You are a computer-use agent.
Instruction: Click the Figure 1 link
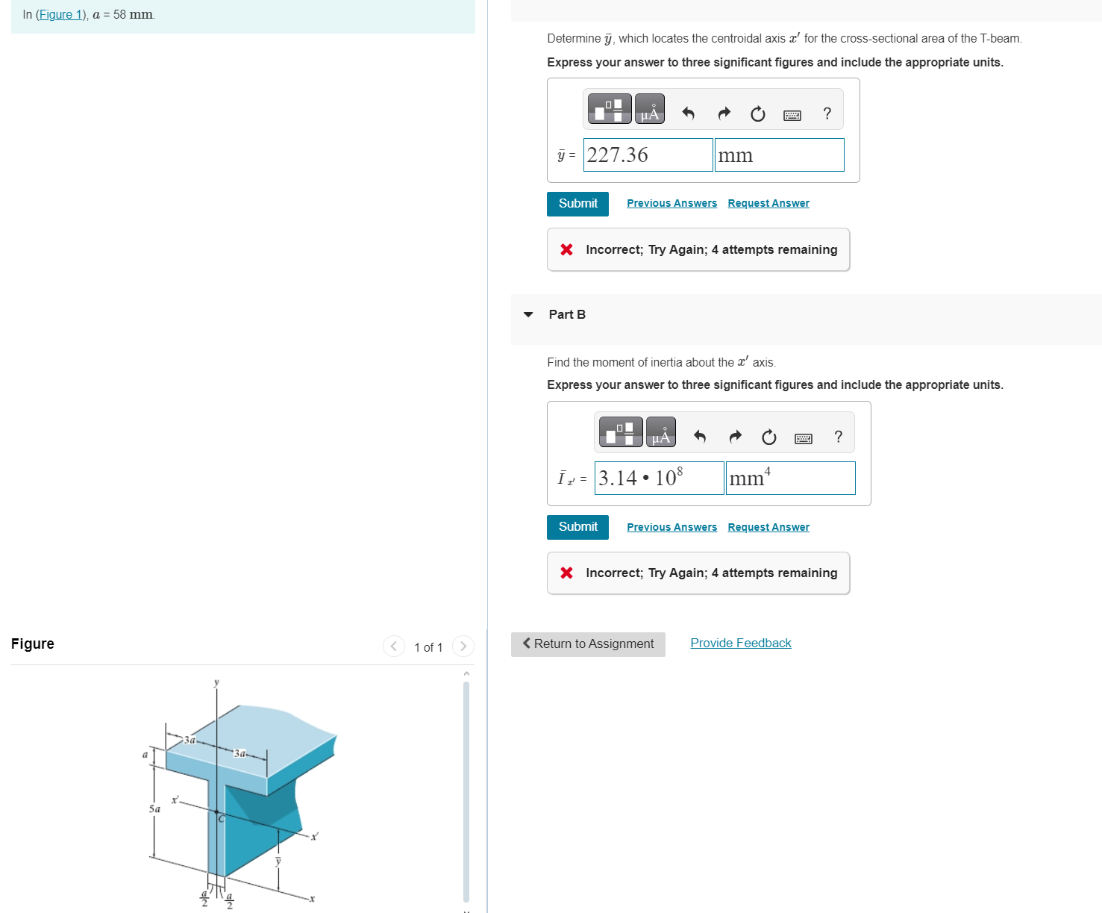61,15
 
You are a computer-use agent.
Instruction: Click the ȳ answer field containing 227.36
648,155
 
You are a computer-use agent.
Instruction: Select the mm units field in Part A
779,155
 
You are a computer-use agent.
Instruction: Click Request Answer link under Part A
768,203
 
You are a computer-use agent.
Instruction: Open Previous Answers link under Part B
671,527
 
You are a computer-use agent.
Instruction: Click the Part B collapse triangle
528,314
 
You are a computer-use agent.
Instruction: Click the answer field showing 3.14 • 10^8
659,478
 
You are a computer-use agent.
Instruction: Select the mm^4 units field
790,478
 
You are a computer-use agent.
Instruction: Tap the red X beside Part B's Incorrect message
566,573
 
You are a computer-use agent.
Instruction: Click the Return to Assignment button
588,644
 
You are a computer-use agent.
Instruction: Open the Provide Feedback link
740,644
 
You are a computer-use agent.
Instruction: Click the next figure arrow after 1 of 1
463,646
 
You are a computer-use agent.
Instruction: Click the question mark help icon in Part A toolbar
827,113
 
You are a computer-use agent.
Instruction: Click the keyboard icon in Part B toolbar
803,438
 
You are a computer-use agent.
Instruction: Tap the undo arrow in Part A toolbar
688,113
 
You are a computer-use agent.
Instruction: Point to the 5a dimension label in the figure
154,808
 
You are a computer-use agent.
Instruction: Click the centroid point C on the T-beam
217,812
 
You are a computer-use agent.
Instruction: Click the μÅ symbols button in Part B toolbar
660,432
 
